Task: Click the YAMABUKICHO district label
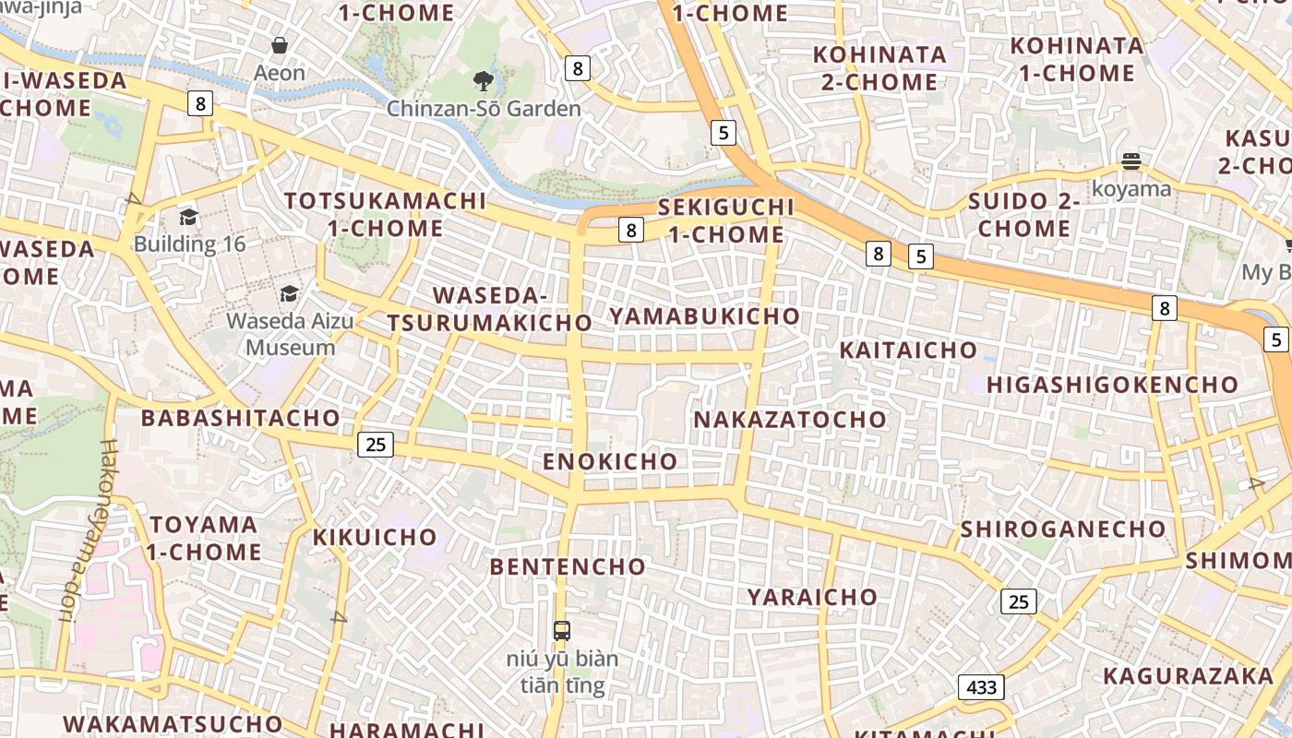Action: tap(704, 315)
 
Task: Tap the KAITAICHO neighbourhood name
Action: tap(908, 350)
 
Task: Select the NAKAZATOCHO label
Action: tap(789, 420)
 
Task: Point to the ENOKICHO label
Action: tap(610, 461)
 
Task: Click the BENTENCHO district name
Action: tap(568, 566)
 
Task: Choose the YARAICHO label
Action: tap(812, 597)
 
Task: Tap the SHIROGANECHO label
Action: tap(1063, 530)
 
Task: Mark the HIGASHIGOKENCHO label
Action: tap(1113, 385)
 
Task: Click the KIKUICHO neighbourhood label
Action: tap(375, 537)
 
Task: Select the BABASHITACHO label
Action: tap(240, 418)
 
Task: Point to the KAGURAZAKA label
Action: tap(1188, 676)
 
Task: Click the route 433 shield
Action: tap(981, 687)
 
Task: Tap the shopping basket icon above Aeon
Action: tap(280, 45)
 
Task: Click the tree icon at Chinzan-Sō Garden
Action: tap(483, 81)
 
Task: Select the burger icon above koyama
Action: tap(1131, 162)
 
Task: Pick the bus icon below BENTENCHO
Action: tap(561, 631)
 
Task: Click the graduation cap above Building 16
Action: tap(189, 217)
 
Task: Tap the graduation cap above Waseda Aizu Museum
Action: tap(290, 294)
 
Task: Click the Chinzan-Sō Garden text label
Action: tap(484, 109)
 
